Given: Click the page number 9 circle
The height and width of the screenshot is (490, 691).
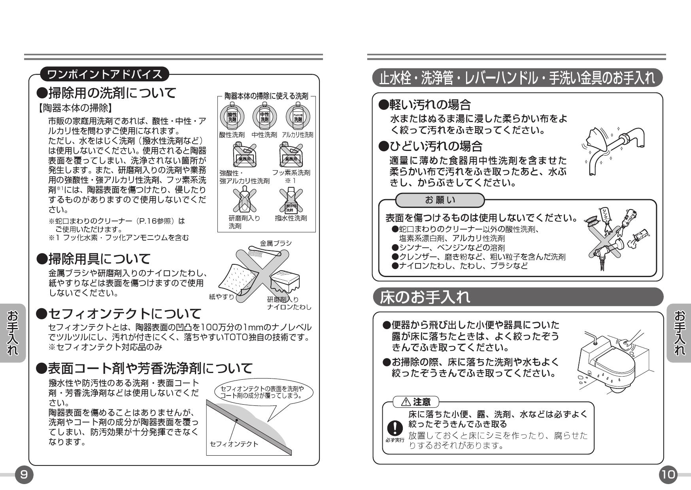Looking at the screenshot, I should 24,474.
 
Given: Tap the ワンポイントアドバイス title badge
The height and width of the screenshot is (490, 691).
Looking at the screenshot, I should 104,74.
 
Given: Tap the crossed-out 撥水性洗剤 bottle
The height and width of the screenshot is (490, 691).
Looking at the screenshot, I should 291,200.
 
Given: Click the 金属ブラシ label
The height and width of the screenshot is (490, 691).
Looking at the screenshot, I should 276,243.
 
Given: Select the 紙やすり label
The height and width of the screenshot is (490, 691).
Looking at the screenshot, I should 221,296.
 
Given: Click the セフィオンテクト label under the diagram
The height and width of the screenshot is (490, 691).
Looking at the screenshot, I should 234,444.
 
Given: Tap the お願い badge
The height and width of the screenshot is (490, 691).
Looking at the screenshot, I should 440,200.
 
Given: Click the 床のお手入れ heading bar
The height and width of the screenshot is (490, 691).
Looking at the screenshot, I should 518,297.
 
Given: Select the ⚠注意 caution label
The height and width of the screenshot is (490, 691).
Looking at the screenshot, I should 415,402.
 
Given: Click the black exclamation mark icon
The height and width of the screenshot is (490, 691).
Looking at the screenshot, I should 395,427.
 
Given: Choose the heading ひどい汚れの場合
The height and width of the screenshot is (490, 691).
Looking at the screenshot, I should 430,146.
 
